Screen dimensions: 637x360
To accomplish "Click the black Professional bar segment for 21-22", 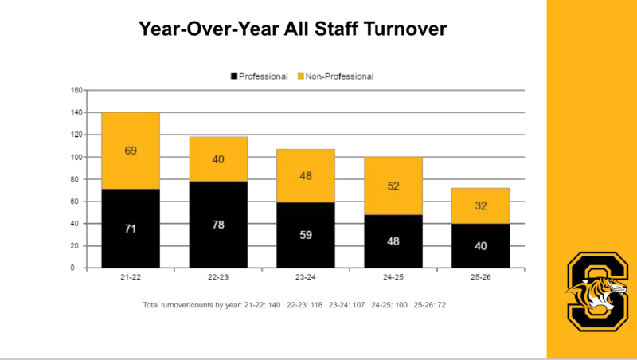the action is (131, 229).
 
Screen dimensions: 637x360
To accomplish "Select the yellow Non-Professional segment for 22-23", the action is (218, 159).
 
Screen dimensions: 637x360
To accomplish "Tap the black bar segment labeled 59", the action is (306, 235).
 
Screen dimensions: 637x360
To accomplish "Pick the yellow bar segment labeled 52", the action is (393, 186).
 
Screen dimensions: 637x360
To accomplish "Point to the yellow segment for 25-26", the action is (481, 205).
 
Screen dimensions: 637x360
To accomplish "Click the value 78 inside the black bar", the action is (218, 225).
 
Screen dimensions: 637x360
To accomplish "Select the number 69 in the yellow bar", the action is (131, 151).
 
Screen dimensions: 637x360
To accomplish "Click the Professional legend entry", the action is (260, 76).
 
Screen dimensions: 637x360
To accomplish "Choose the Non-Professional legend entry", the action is (335, 76).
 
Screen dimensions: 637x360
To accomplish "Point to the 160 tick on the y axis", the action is (76, 90).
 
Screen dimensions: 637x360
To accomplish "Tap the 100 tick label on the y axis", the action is (76, 157).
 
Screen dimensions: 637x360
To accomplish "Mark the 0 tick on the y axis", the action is (72, 268).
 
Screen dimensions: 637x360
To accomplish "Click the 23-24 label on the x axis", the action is (306, 277).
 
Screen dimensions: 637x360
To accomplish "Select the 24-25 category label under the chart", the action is (393, 277).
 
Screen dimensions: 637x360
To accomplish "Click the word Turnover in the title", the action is (405, 29).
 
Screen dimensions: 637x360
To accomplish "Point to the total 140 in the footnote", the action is (274, 305).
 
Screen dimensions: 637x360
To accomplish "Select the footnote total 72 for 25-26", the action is (441, 305).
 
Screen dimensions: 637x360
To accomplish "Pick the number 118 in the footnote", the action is (315, 305).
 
